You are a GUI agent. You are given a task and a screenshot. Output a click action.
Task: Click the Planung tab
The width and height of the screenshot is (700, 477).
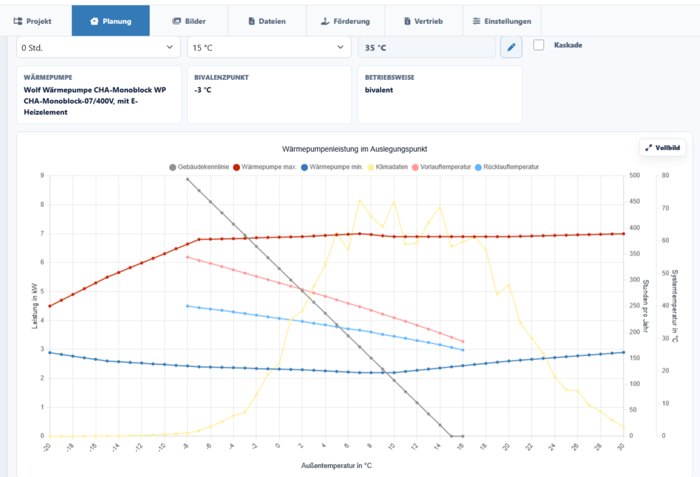(111, 21)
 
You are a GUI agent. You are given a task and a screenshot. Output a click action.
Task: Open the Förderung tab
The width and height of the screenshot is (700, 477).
(345, 21)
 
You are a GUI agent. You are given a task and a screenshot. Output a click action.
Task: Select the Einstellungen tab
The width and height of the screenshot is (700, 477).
(502, 21)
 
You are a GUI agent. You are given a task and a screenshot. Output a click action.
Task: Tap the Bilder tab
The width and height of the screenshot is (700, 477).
(189, 21)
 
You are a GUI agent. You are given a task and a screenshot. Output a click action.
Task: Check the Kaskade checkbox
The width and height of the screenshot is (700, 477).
(539, 45)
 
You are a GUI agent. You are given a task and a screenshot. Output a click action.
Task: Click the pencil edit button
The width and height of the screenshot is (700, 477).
(511, 47)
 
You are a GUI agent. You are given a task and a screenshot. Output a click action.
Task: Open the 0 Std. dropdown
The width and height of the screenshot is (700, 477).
(98, 47)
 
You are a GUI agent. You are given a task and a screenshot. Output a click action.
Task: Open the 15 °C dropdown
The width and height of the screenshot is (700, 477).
(269, 47)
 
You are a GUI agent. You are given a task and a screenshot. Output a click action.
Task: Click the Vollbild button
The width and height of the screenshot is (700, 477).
(662, 148)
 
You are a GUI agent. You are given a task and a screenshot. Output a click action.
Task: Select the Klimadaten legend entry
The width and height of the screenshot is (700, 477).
(388, 167)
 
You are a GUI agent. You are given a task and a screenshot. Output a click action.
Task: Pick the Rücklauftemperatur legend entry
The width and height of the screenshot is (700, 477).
(507, 167)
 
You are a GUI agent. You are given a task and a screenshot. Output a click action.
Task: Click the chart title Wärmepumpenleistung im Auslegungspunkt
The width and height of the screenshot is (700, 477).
(355, 149)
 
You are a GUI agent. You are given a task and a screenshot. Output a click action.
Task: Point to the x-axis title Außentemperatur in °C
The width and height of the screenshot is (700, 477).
(336, 466)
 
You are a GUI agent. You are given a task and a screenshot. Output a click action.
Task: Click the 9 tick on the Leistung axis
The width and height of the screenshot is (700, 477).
(42, 176)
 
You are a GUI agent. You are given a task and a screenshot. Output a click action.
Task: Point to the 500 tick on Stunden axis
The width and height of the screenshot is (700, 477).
(634, 176)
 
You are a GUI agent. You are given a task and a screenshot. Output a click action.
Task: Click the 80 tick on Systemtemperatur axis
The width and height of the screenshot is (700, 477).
(665, 176)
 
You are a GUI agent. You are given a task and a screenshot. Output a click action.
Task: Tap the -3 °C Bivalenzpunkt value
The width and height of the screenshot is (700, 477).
(202, 90)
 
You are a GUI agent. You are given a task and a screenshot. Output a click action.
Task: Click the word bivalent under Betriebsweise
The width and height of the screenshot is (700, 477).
(379, 90)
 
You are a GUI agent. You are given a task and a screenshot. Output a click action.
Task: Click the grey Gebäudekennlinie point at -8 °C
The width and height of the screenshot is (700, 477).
(187, 179)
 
